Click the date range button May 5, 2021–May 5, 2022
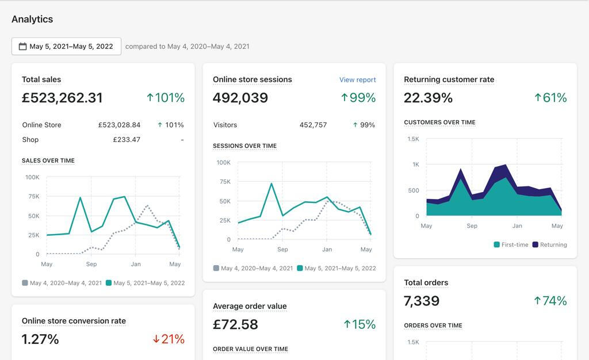66,47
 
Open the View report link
357,80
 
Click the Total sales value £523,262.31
62,98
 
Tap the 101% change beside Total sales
166,98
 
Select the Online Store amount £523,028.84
119,125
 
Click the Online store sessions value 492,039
240,98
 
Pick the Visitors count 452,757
313,125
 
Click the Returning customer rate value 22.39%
428,98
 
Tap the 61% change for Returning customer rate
550,98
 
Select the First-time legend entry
511,244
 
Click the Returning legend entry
549,244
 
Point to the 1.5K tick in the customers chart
413,139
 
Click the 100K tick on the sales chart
32,177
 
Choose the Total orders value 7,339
422,301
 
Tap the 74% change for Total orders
550,301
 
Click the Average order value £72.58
235,324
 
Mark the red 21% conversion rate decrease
169,339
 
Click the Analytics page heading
32,19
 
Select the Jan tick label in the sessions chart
327,250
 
